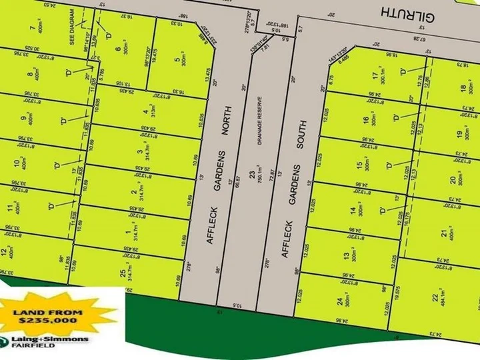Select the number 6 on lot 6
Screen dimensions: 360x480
[x=119, y=49]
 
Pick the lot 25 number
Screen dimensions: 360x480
[x=122, y=274]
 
